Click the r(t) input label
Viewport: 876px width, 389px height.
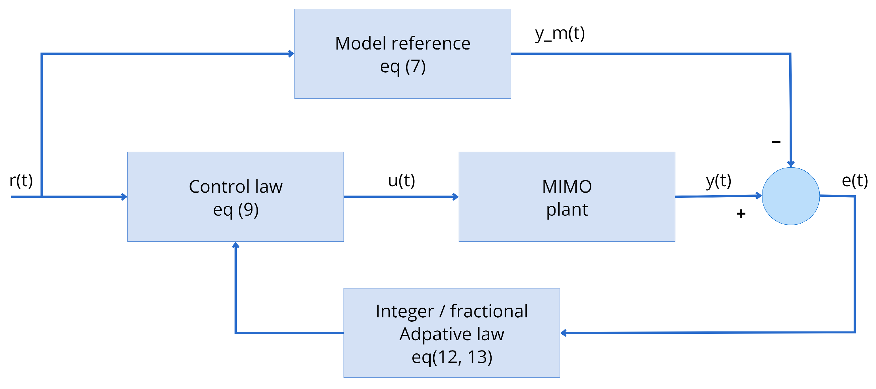[x=21, y=180]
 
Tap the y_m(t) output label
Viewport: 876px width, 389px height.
[x=560, y=34]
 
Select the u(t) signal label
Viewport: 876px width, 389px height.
[x=401, y=180]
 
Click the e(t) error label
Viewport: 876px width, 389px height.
[x=855, y=180]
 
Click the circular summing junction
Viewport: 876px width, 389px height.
[x=791, y=196]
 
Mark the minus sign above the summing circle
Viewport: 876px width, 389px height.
[x=776, y=142]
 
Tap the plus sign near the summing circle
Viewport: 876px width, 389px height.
[x=741, y=214]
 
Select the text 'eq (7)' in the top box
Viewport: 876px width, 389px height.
[x=403, y=66]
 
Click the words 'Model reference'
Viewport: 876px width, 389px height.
[x=403, y=44]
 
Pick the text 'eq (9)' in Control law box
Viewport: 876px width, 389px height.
[x=236, y=210]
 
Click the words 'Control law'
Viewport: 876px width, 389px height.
[x=236, y=187]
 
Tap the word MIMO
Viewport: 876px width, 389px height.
[x=567, y=187]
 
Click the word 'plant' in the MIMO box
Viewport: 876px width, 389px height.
[x=567, y=210]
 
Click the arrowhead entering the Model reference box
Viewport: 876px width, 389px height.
[x=291, y=54]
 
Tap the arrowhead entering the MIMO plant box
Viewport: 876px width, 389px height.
[x=455, y=197]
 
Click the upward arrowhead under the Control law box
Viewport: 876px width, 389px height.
[x=236, y=245]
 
